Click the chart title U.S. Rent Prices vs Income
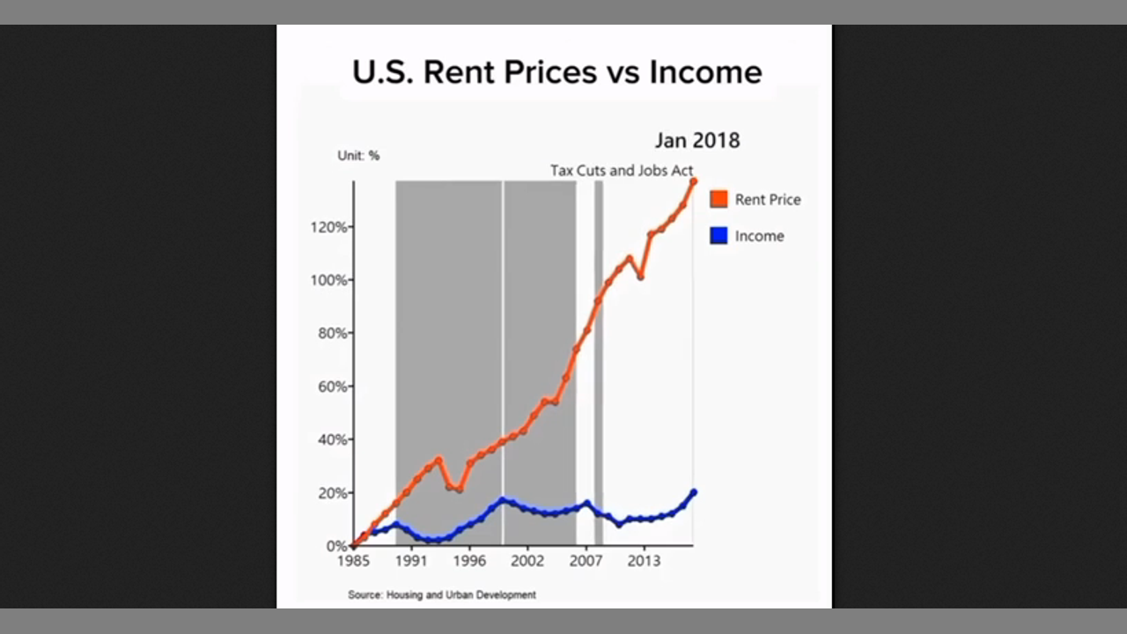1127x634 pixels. (556, 71)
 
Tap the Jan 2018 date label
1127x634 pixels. (696, 140)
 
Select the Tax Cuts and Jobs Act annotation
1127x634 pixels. (622, 170)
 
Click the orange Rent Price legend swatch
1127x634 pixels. (719, 199)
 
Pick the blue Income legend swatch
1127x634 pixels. (719, 236)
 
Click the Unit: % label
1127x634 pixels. (358, 156)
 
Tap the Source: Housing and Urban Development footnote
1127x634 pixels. (442, 594)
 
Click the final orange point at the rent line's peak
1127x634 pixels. (693, 181)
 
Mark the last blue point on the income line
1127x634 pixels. (693, 492)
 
